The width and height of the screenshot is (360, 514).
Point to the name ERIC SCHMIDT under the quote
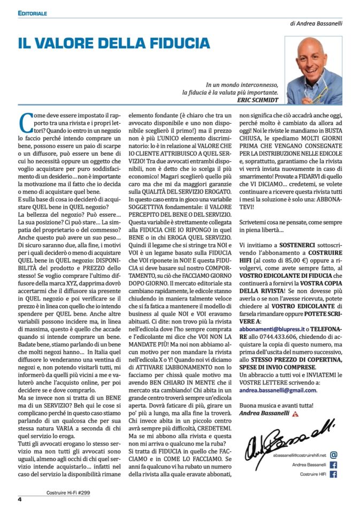pyautogui.click(x=258, y=100)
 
